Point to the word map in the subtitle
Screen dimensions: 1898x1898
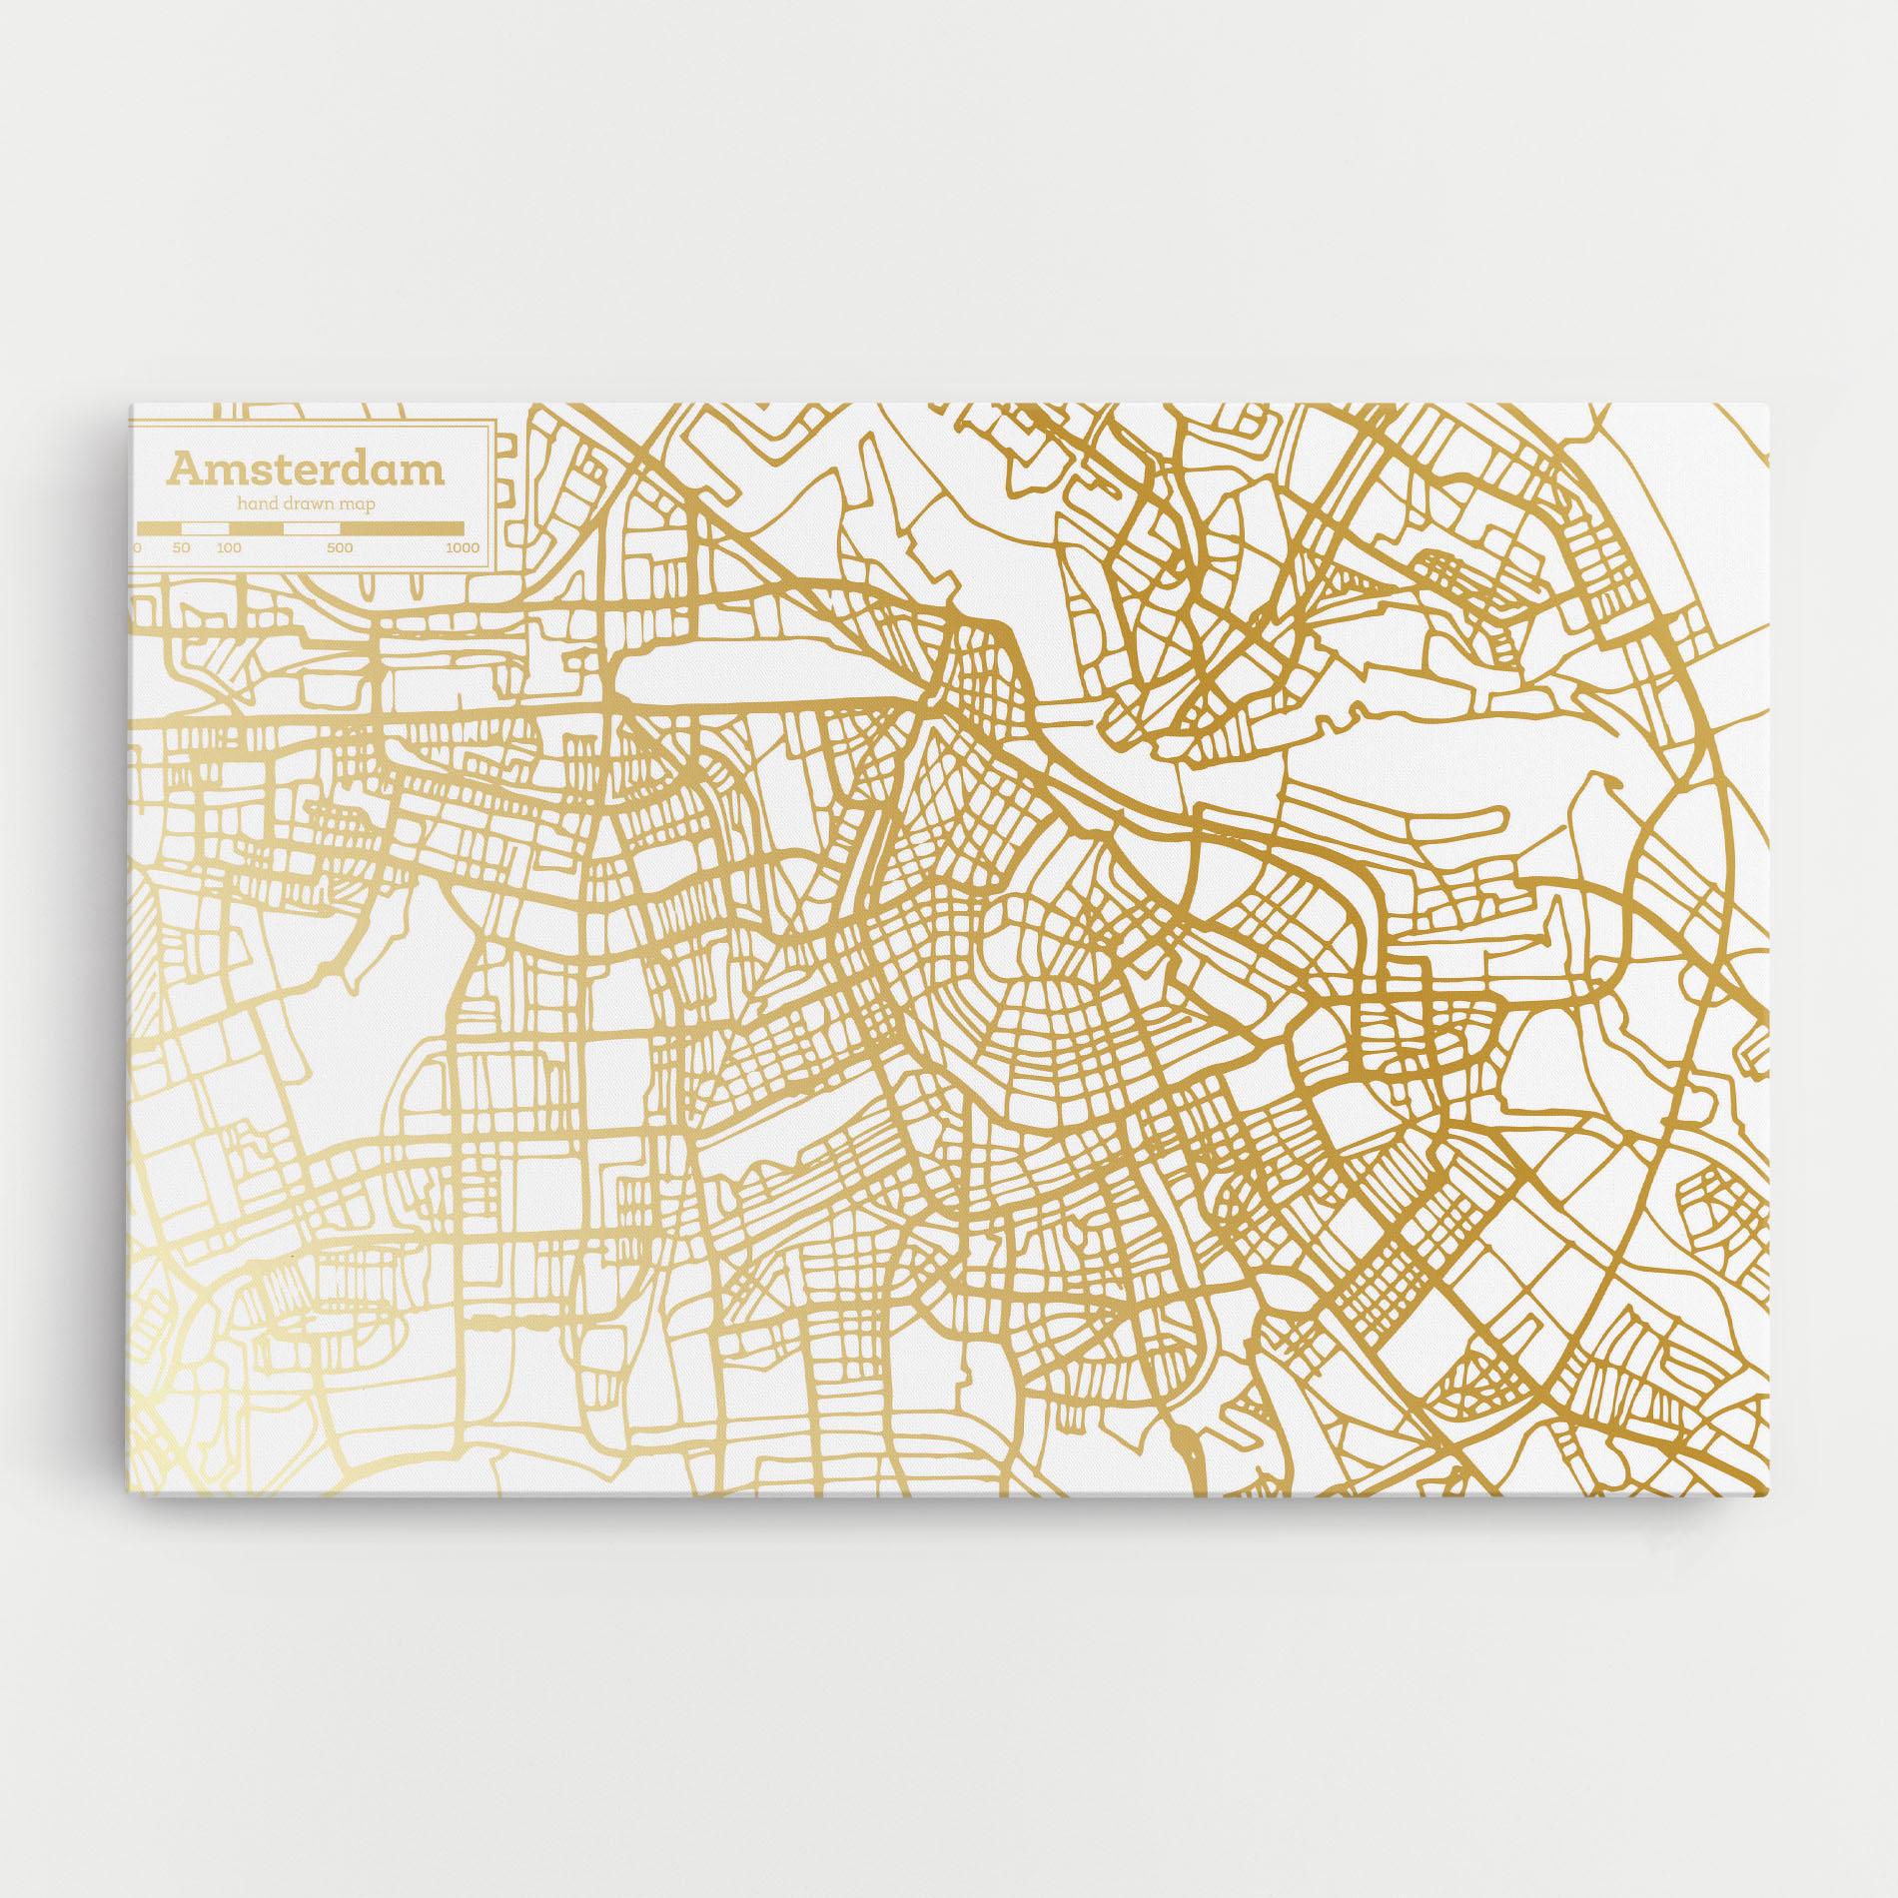pyautogui.click(x=357, y=506)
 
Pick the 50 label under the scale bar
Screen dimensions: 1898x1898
pyautogui.click(x=181, y=547)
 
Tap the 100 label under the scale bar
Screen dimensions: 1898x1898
pyautogui.click(x=229, y=547)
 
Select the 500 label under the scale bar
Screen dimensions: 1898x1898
pyautogui.click(x=340, y=547)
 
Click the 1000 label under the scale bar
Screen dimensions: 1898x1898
pyautogui.click(x=462, y=547)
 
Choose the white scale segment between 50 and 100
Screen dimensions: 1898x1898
pyautogui.click(x=205, y=526)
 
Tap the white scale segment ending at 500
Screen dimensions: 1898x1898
pyautogui.click(x=313, y=526)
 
